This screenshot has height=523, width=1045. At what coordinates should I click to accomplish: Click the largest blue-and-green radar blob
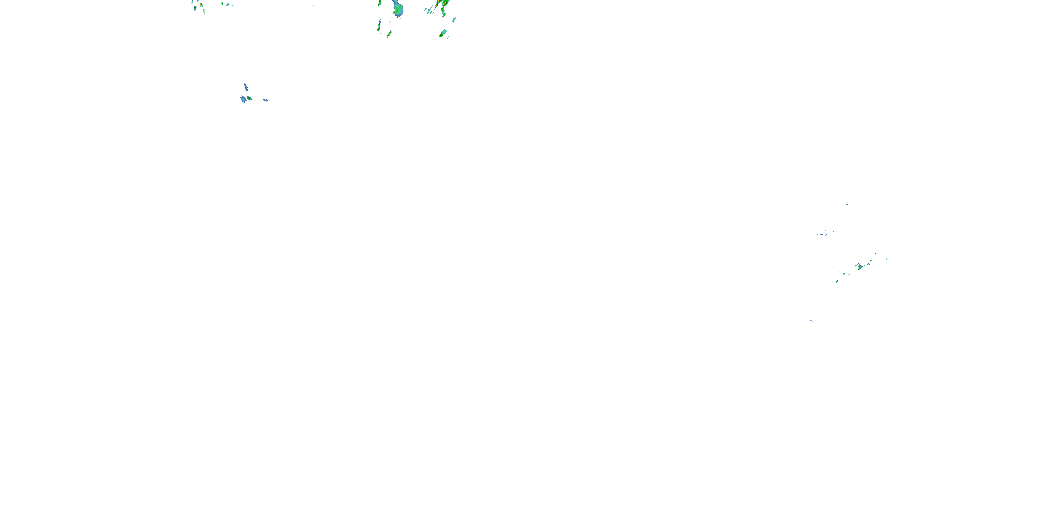point(398,8)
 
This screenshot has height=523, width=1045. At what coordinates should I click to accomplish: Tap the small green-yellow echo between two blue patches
point(249,98)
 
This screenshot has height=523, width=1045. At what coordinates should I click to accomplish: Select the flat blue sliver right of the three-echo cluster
point(265,100)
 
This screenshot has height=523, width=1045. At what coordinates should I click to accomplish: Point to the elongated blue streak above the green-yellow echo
point(246,86)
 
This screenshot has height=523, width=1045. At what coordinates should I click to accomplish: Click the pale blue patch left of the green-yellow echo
point(243,99)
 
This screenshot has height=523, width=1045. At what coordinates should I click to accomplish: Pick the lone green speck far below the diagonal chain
point(811,321)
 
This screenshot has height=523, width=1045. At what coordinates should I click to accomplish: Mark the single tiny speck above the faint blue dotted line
point(847,204)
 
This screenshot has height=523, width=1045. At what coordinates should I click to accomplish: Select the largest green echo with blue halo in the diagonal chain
point(860,267)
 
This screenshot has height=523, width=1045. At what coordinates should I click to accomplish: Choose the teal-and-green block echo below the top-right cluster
point(443,33)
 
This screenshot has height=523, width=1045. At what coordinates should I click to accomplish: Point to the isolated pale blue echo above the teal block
point(454,20)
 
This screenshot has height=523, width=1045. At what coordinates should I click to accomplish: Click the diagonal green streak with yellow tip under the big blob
point(389,34)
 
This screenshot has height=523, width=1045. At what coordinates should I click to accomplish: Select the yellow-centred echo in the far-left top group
point(201,5)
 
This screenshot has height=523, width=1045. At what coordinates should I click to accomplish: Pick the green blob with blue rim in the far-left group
point(195,7)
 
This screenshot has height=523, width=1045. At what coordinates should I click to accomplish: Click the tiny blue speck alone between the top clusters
point(313,5)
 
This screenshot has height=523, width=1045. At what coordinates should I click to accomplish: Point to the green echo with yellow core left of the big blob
point(380,3)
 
